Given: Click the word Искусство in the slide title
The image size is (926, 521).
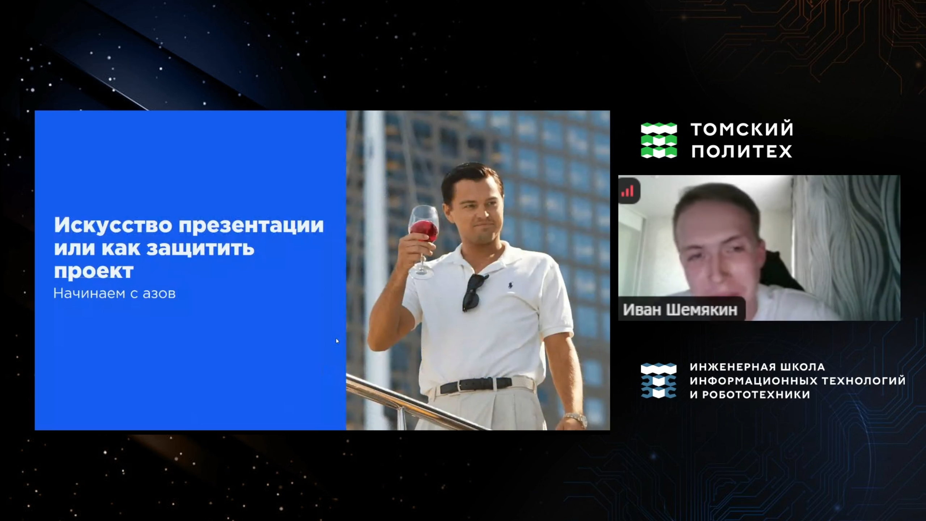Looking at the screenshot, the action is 113,225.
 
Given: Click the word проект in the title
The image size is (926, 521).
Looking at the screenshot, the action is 94,271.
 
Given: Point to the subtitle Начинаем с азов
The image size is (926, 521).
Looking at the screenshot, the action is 114,293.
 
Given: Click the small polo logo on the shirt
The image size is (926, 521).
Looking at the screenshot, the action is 510,284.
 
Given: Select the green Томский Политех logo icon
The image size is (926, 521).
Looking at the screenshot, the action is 659,140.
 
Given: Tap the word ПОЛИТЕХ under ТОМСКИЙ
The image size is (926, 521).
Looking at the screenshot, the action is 742,151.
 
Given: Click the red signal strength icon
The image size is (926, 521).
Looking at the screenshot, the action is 628,191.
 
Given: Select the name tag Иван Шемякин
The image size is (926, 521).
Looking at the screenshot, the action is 680,310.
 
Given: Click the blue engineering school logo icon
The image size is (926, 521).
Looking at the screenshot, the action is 658,381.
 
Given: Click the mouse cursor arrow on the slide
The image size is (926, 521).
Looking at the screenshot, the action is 337,341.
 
